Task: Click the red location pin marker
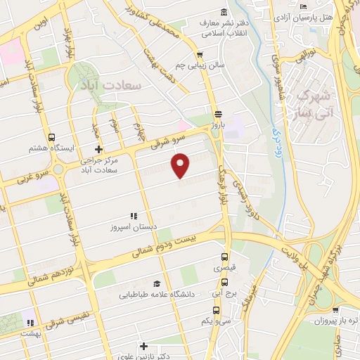(x=181, y=165)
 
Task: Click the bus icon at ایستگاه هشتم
(x=51, y=138)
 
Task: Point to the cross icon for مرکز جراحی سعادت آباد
(x=98, y=149)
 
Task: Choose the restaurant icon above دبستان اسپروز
(x=132, y=217)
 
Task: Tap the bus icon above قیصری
(x=224, y=257)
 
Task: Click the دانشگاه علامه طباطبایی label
(x=154, y=295)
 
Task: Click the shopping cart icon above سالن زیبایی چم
(x=200, y=55)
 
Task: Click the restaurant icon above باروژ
(x=218, y=113)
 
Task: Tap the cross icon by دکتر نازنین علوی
(x=143, y=346)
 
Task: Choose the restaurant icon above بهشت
(x=30, y=323)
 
